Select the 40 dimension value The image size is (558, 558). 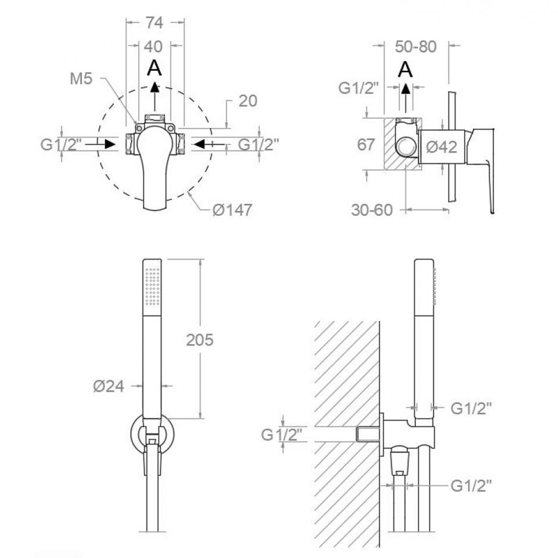pos(153,46)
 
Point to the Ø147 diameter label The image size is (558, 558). pos(232,210)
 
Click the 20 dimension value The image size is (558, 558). pos(247,101)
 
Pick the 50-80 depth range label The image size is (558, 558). pos(416,46)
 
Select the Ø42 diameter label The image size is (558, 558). pos(442,147)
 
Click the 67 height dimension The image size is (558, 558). pos(366,145)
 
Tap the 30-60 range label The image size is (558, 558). pos(372,210)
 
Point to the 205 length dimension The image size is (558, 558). pos(199,340)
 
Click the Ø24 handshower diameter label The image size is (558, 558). pos(108,386)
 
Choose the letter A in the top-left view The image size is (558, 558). pos(154,69)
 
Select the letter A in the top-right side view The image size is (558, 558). pos(406,70)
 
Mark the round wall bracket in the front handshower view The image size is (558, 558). pos(153,433)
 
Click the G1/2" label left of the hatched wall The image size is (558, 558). pos(282,434)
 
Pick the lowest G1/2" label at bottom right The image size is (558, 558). pos(471,486)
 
